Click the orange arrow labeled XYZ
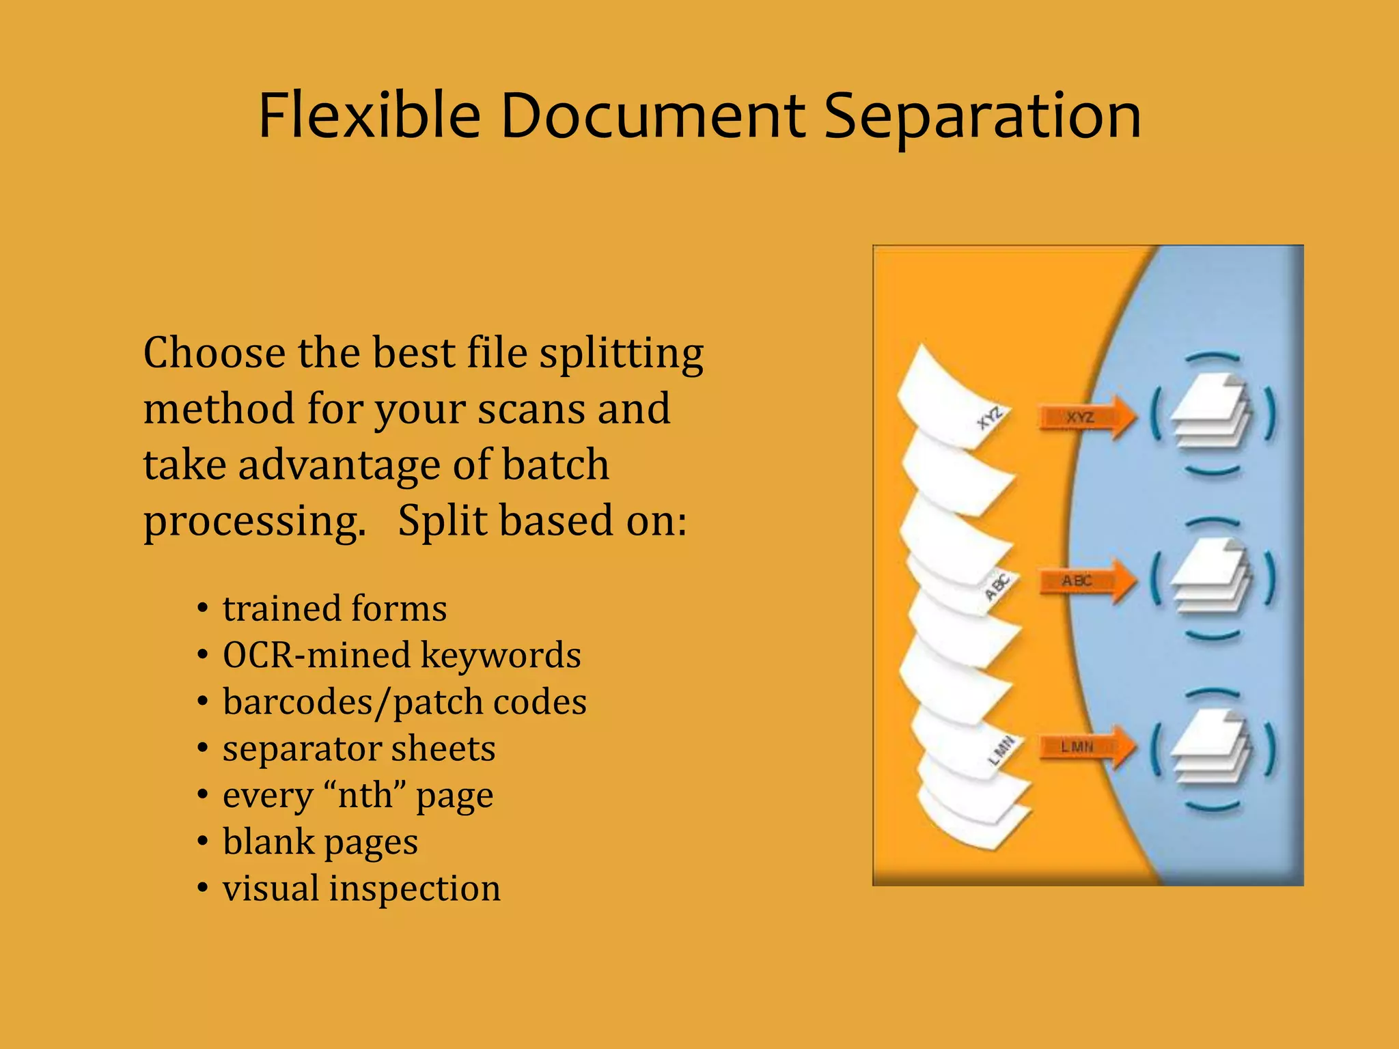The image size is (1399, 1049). [1085, 417]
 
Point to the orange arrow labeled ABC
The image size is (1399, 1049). [1085, 581]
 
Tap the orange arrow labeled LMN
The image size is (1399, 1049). [1085, 746]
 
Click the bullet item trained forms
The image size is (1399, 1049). [334, 609]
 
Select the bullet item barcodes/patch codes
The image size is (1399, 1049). [404, 702]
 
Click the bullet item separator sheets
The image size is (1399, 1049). [359, 749]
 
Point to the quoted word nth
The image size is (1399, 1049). [366, 795]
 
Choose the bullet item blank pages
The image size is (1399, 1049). [320, 841]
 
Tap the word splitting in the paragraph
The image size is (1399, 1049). [621, 354]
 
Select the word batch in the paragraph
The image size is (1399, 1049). [555, 465]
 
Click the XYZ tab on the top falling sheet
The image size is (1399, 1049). [990, 417]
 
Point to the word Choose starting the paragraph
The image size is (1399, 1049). [214, 354]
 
